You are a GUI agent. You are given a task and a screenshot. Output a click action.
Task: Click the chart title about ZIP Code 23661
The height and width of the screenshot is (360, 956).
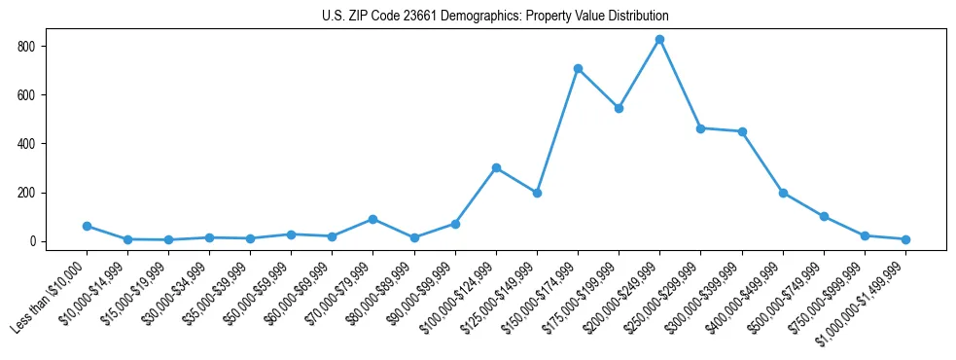pyautogui.click(x=495, y=17)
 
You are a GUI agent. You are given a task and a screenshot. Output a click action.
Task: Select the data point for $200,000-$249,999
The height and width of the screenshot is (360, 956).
pyautogui.click(x=659, y=40)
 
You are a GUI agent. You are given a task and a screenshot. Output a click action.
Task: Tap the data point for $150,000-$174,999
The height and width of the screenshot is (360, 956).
pyautogui.click(x=578, y=69)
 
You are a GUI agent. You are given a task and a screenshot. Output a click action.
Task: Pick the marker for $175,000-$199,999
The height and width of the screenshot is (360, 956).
pyautogui.click(x=619, y=108)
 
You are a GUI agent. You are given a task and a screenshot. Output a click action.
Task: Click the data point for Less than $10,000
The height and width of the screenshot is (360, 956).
pyautogui.click(x=87, y=226)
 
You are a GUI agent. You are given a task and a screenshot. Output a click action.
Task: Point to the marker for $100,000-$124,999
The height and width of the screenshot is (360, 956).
pyautogui.click(x=496, y=167)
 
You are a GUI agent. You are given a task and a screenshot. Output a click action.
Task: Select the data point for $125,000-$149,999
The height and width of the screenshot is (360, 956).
pyautogui.click(x=537, y=193)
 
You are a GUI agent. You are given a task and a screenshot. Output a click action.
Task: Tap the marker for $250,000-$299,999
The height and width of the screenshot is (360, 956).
pyautogui.click(x=700, y=128)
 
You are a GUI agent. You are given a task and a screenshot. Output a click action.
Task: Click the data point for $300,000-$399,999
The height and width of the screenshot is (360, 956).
pyautogui.click(x=742, y=131)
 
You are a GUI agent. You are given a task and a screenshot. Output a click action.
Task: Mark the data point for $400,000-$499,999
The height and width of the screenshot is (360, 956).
pyautogui.click(x=783, y=193)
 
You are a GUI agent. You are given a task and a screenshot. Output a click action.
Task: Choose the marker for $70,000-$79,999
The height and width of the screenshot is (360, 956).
pyautogui.click(x=372, y=219)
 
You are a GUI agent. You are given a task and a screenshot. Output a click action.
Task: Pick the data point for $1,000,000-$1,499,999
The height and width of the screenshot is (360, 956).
pyautogui.click(x=905, y=239)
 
